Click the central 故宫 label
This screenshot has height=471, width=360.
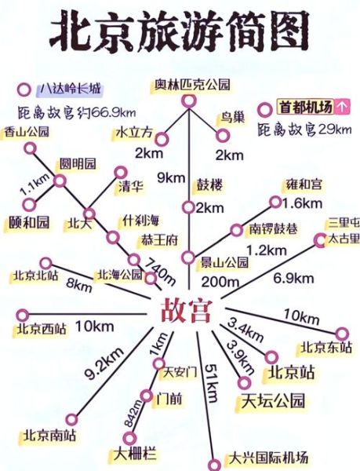pyautogui.click(x=186, y=310)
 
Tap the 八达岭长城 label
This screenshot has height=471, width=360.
pyautogui.click(x=70, y=89)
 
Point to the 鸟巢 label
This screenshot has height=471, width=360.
pyautogui.click(x=233, y=116)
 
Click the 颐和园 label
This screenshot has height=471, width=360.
pyautogui.click(x=28, y=222)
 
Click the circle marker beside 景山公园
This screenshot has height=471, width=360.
pyautogui.click(x=187, y=257)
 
